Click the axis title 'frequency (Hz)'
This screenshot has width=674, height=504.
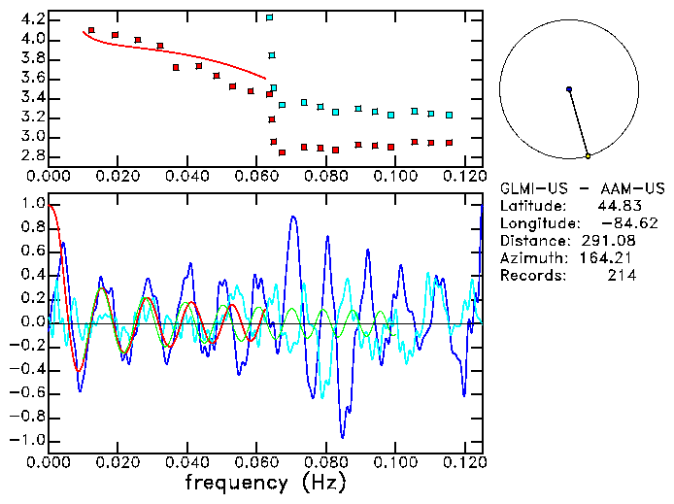click(264, 482)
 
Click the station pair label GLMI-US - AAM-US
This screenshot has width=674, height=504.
click(569, 188)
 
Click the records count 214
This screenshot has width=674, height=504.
click(622, 276)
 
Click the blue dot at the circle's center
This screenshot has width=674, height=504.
click(568, 89)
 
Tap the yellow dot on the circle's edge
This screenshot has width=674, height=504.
click(588, 155)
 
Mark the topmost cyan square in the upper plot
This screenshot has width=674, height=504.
click(269, 17)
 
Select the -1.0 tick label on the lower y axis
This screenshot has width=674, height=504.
click(27, 440)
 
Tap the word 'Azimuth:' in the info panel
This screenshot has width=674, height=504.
click(531, 258)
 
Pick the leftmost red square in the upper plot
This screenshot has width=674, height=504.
click(91, 31)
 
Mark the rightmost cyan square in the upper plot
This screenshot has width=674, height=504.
click(449, 115)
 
